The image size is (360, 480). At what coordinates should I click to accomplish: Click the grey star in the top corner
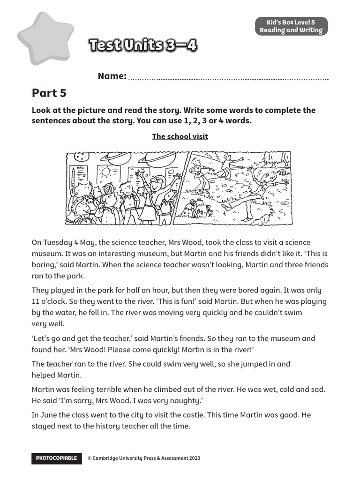[45, 38]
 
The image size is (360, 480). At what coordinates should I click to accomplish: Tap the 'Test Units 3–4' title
[142, 45]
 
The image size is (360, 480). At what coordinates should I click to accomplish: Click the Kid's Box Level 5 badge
[291, 26]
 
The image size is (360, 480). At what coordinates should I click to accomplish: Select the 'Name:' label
[112, 76]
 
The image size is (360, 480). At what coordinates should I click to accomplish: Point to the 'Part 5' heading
[49, 93]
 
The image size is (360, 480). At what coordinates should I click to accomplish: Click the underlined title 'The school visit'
[180, 136]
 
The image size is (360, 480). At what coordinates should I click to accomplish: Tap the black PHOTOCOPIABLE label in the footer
[56, 458]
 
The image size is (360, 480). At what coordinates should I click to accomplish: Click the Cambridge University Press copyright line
[144, 458]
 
